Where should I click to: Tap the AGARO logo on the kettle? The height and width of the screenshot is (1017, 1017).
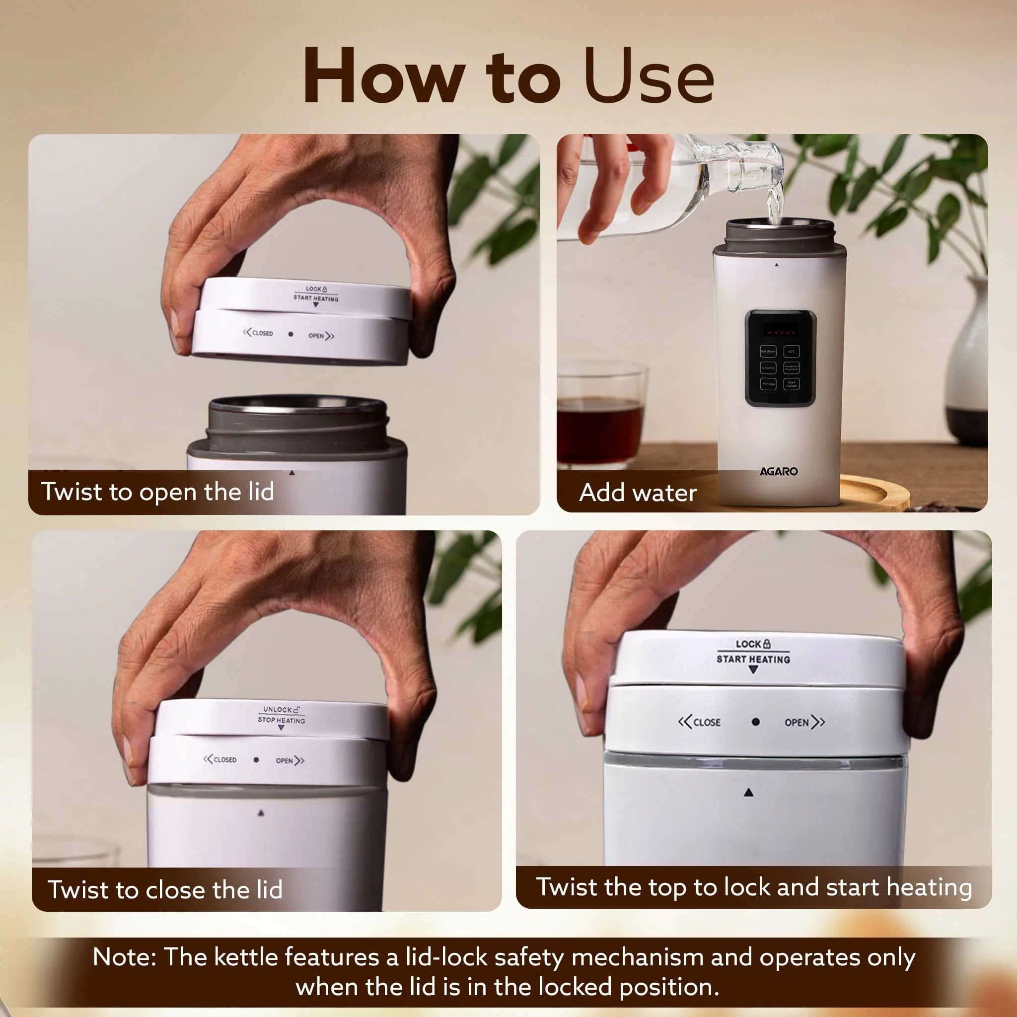point(778,471)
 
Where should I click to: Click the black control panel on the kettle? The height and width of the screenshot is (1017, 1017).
point(780,358)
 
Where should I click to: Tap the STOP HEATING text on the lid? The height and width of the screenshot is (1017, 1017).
point(281,720)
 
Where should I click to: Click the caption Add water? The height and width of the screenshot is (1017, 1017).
point(638,493)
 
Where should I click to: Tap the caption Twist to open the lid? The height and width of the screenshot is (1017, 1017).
point(157,492)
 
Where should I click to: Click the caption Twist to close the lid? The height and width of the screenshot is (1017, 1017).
point(165,889)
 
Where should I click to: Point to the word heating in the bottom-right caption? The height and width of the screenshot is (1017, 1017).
point(929,887)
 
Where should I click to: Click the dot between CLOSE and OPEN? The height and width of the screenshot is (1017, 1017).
point(755,722)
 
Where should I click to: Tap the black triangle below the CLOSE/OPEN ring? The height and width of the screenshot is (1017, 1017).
point(749,792)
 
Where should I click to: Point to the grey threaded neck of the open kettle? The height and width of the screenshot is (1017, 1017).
point(297,427)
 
